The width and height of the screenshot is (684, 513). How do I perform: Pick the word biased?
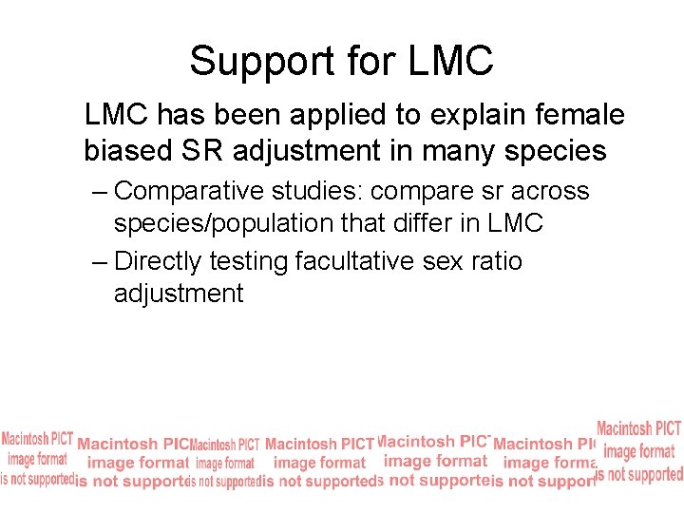[x=125, y=150]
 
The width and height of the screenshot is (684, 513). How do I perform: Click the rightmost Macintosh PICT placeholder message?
[x=638, y=450]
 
